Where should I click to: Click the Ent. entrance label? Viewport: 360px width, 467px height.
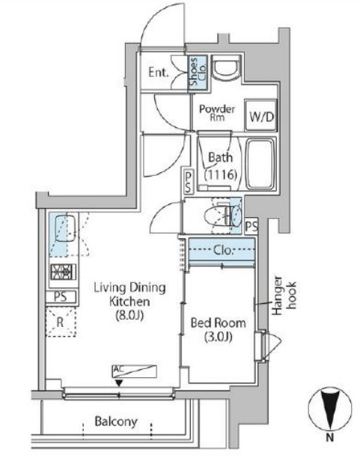coord(159,73)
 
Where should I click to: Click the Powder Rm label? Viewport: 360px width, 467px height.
coord(217,112)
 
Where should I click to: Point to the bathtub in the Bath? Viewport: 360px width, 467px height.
coord(260,163)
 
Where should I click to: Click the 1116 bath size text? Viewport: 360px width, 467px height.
coord(221,174)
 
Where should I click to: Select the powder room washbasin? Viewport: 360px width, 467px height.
coord(227,69)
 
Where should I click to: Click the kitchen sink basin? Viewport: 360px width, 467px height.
coord(65,228)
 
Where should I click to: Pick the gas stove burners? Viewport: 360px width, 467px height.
coord(63,272)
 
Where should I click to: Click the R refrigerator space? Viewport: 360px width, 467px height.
coord(61,323)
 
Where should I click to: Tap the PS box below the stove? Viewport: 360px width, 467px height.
coord(61,297)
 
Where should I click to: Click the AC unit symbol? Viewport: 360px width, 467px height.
coord(135,371)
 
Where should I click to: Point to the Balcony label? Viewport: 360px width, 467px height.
coord(116,422)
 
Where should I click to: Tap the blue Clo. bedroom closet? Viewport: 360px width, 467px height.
coord(222,251)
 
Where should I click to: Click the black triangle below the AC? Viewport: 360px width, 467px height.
coord(119,383)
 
